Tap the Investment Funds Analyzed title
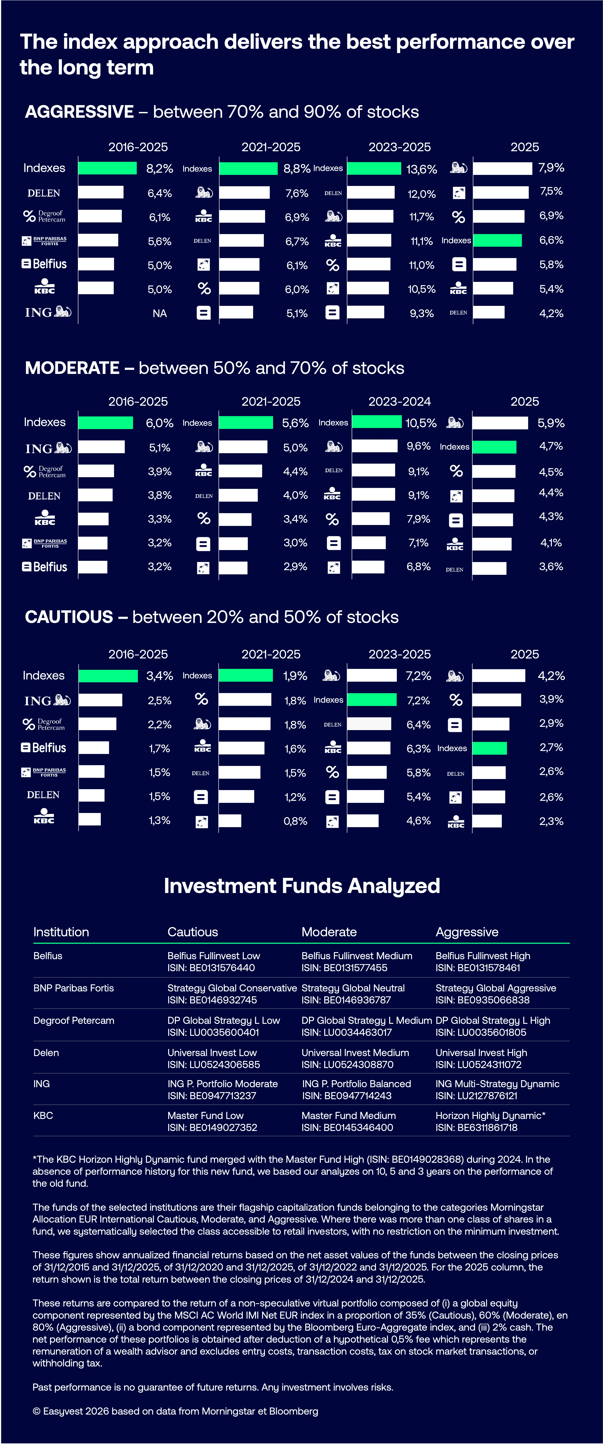point(301,886)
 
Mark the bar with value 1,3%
point(90,819)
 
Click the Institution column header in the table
point(61,932)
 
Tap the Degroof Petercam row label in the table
point(73,1020)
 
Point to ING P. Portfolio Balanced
point(356,1084)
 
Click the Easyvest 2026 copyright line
point(175,1411)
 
